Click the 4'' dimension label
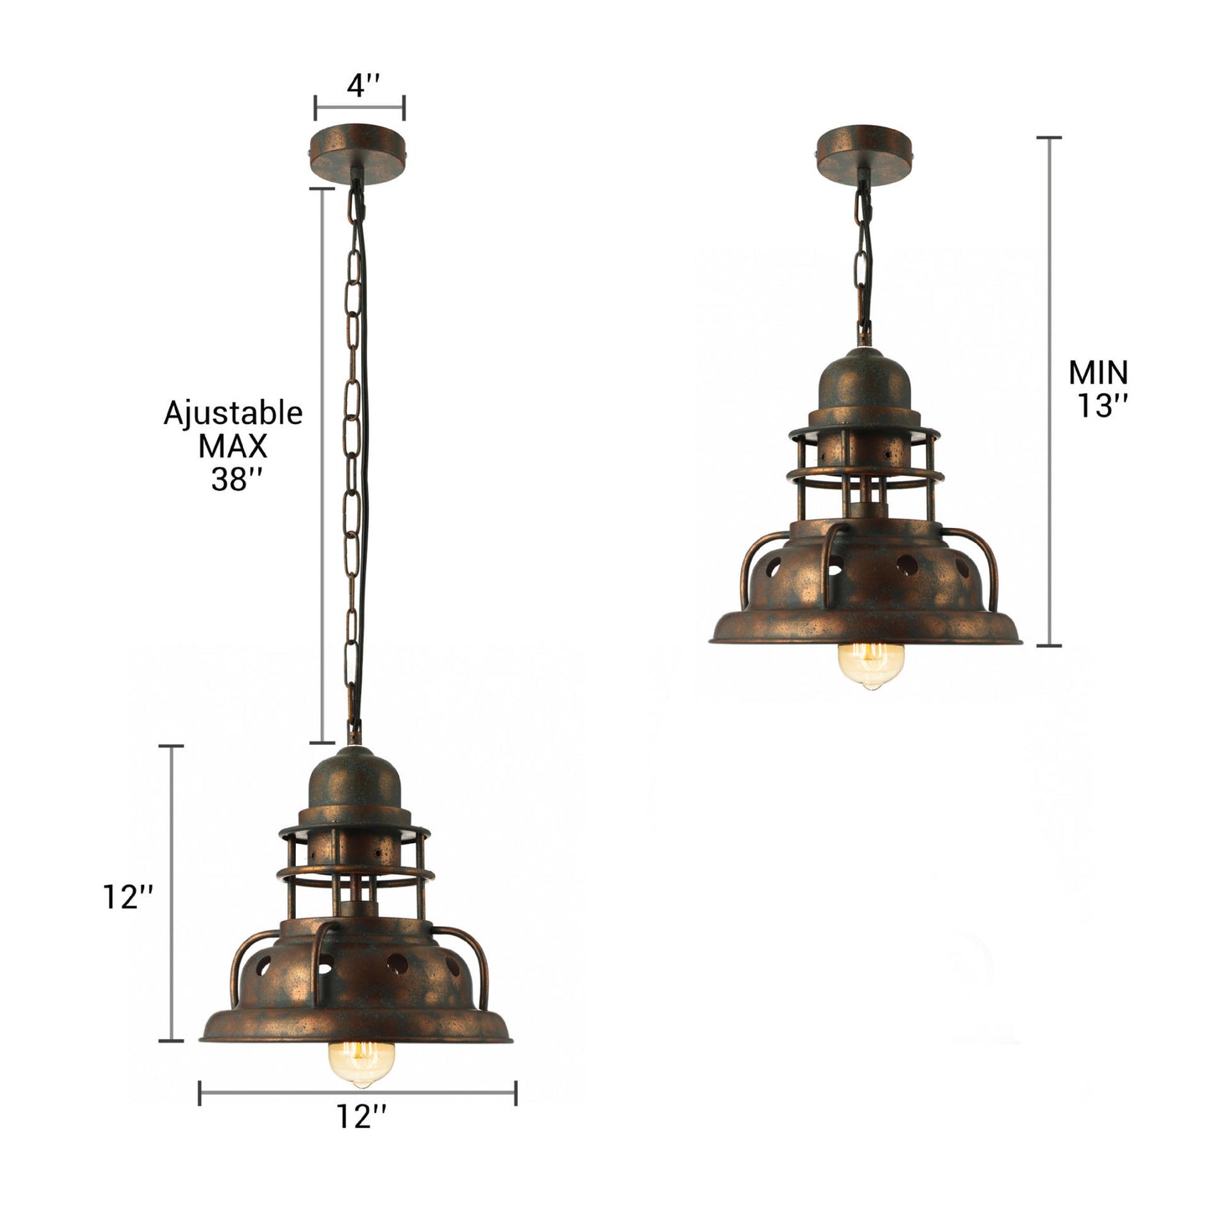coord(363,85)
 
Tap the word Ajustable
coord(233,413)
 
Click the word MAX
coord(233,446)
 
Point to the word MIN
coord(1098,371)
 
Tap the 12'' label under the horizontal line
coord(362,1115)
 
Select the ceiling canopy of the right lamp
coord(865,150)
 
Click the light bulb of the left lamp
coord(361,1062)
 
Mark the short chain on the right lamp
coord(864,260)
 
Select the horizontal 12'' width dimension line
coord(358,1092)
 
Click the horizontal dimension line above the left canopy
coord(360,107)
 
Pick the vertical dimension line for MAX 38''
coord(323,465)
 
